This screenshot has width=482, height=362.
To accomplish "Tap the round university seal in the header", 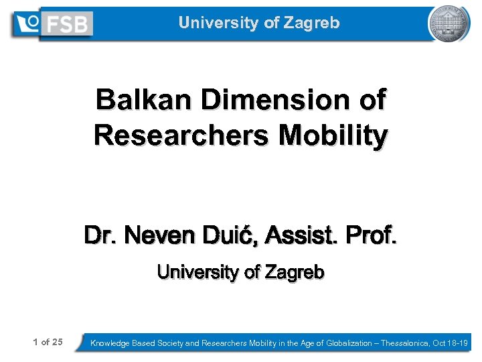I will [x=449, y=23].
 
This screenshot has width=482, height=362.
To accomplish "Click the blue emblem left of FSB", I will [x=29, y=23].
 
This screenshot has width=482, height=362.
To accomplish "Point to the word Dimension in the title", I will [x=275, y=101].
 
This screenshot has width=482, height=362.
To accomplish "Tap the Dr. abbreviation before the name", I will [x=100, y=236].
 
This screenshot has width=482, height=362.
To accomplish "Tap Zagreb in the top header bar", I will [x=311, y=23].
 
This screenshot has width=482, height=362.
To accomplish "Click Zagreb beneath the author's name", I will [x=295, y=272].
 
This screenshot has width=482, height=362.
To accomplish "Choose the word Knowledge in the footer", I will [x=111, y=343].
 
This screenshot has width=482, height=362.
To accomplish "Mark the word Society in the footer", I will [x=168, y=343].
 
